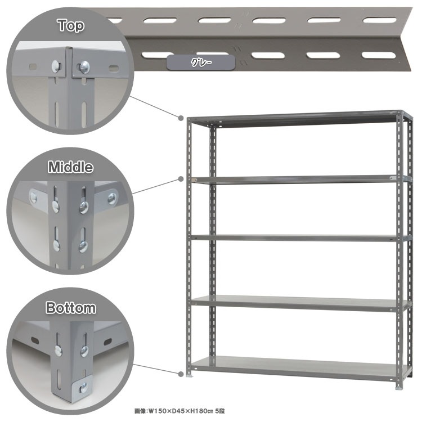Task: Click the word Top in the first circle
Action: [x=71, y=25]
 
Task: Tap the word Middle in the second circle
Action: [x=70, y=167]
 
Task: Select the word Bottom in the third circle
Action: [x=70, y=308]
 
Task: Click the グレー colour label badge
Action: [x=201, y=62]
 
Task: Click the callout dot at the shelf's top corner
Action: [x=181, y=118]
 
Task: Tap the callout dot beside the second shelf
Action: [x=181, y=179]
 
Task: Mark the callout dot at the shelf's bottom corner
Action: [x=181, y=374]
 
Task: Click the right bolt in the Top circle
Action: [x=84, y=67]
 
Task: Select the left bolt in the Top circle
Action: [x=56, y=66]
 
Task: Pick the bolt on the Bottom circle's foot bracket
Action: [x=83, y=387]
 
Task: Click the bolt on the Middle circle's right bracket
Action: [x=112, y=199]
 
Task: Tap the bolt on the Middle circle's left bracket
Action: [x=33, y=198]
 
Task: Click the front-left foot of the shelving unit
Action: [x=190, y=375]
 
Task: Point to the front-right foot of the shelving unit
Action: [x=398, y=388]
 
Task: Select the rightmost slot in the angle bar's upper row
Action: [x=379, y=20]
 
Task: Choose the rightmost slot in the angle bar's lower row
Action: [x=379, y=55]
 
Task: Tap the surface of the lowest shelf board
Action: [x=296, y=364]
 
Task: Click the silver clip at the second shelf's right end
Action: [x=393, y=178]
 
